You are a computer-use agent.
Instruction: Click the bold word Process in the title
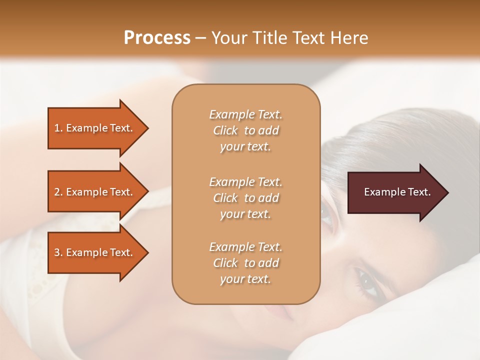click(157, 38)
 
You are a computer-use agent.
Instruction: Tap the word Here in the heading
click(348, 38)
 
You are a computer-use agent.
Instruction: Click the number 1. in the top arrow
click(58, 128)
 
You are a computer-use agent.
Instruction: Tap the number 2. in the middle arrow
click(58, 192)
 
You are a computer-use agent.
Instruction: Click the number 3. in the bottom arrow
click(58, 253)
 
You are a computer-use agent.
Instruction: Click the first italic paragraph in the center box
click(245, 130)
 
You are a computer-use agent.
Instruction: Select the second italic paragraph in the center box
click(245, 198)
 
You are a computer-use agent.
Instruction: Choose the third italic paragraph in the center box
click(245, 263)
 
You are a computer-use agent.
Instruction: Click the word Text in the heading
click(308, 38)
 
